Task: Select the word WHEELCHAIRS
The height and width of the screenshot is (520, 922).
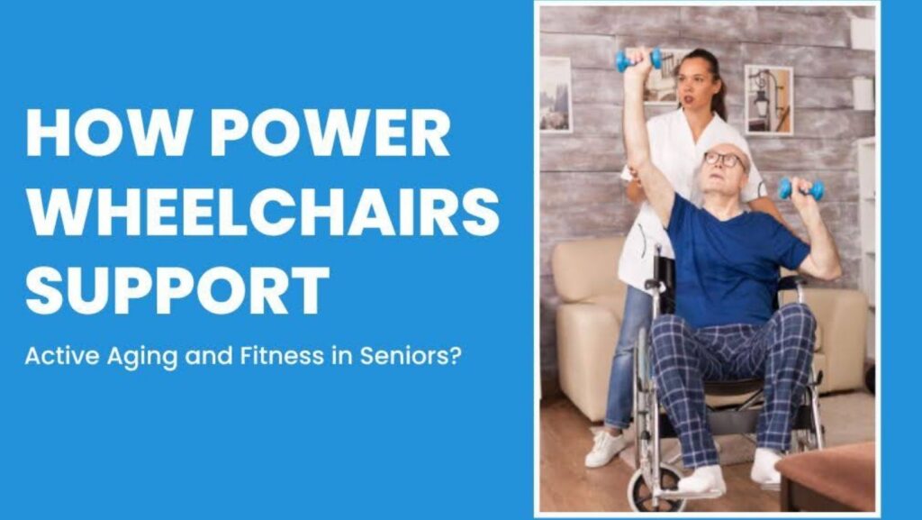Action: pos(263,212)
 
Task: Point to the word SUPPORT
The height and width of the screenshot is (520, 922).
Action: pos(177,290)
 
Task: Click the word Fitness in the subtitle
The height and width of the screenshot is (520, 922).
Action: pos(282,356)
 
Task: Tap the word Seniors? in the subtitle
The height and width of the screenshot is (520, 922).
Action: pos(411,356)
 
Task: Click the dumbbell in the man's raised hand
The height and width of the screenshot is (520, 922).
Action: pos(638,60)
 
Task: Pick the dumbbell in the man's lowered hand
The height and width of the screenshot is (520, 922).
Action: pos(800,189)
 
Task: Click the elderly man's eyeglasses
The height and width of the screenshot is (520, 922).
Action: pos(724,160)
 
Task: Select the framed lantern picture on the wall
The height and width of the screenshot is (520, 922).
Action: pos(769,100)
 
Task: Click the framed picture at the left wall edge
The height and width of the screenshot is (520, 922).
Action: pos(556,95)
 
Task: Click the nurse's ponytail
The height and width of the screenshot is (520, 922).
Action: pos(718,94)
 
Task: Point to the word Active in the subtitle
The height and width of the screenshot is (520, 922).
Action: pos(62,356)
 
